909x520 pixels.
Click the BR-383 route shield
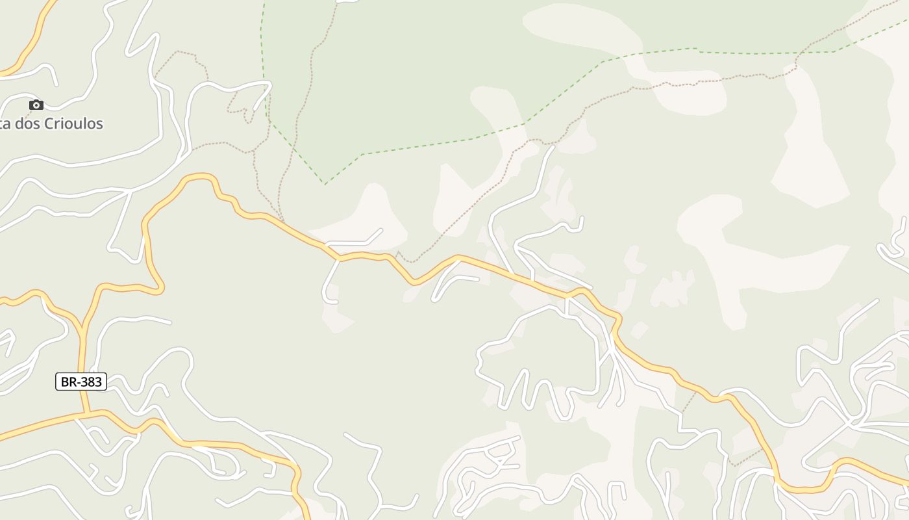coord(81,382)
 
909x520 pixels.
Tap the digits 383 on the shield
coord(90,382)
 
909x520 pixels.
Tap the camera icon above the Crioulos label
coord(36,105)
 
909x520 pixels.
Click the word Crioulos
coord(73,123)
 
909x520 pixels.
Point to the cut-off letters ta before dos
coord(5,123)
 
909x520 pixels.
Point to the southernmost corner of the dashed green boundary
coord(325,184)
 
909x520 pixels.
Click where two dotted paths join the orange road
coord(282,222)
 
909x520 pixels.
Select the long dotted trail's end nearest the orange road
coord(398,252)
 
